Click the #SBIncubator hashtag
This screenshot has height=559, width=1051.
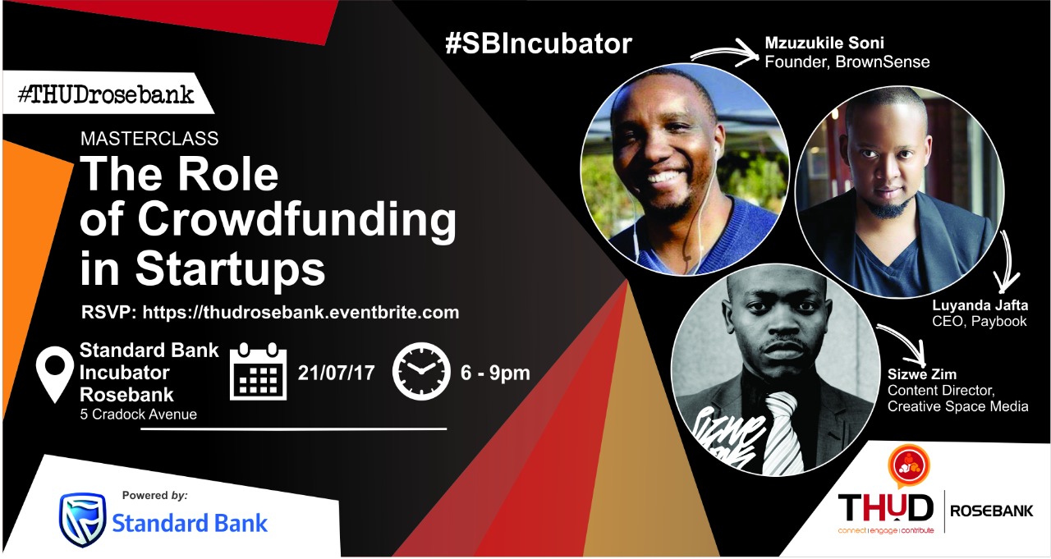pos(539,44)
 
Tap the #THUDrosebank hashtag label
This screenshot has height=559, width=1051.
pos(106,94)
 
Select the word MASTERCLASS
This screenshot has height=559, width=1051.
pos(149,139)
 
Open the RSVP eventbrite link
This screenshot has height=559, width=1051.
pos(301,312)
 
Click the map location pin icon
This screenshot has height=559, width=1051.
pos(55,374)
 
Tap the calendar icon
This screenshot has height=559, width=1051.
pos(258,371)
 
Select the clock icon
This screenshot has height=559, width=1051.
pos(421,371)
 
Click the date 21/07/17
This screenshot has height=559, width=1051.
pos(336,373)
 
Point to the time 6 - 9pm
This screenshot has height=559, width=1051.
pos(495,373)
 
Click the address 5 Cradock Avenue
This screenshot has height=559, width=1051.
pos(139,415)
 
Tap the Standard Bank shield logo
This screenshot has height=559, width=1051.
pos(82,520)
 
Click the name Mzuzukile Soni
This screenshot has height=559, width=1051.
pos(824,44)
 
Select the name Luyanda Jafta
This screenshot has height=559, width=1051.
pos(980,305)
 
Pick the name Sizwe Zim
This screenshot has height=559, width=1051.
pos(921,374)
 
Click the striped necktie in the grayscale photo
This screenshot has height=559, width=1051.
pos(781,433)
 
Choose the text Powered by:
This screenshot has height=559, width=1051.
pos(155,495)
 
